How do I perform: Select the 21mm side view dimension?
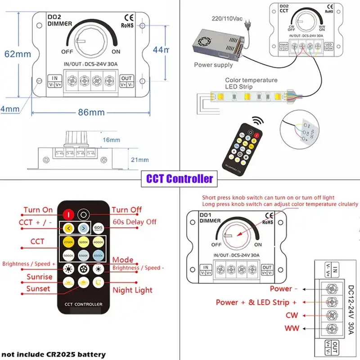(139, 160)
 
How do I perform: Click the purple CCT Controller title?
(180, 179)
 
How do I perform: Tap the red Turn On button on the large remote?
(68, 214)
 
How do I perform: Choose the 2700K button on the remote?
(68, 242)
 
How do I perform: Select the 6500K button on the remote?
(99, 255)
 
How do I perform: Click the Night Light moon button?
(99, 283)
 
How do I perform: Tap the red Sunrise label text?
(39, 277)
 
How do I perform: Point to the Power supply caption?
(213, 65)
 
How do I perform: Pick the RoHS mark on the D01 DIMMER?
(267, 221)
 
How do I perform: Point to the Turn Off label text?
(126, 210)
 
